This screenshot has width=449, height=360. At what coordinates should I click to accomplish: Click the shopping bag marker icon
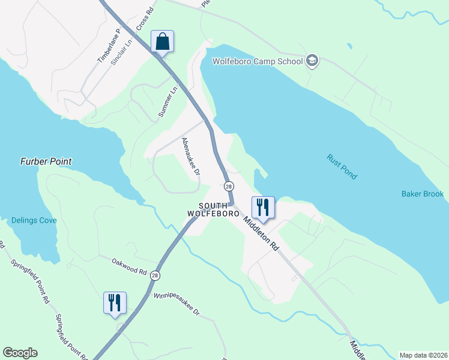click(x=162, y=42)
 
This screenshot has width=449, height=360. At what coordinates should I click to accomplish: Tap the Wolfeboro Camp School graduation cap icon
click(x=312, y=60)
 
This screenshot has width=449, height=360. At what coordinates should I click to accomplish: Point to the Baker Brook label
click(x=423, y=194)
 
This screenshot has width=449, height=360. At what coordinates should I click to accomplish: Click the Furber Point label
click(x=46, y=161)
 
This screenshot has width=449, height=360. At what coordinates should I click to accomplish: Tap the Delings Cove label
click(x=34, y=220)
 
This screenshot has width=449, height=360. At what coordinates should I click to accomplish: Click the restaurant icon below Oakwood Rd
click(x=114, y=302)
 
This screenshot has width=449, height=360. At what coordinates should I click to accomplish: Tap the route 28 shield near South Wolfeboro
click(x=229, y=187)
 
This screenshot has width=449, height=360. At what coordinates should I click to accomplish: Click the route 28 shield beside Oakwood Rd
click(x=155, y=275)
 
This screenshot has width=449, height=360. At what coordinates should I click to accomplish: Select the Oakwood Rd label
click(x=129, y=266)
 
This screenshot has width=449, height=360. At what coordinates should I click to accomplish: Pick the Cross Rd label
click(x=145, y=18)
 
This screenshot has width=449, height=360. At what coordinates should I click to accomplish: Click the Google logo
click(x=20, y=353)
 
